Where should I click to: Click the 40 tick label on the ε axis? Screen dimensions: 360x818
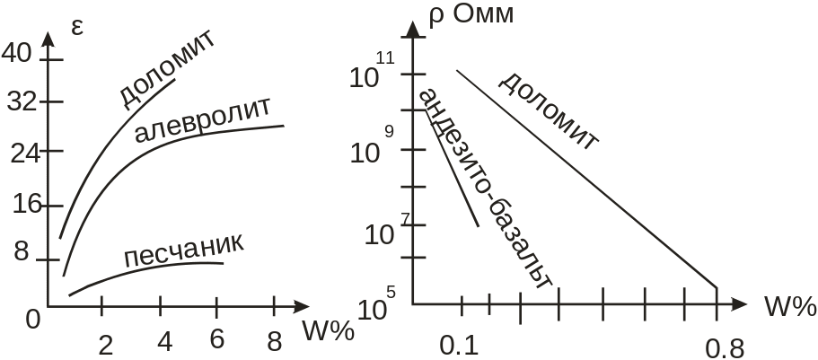(x=17, y=54)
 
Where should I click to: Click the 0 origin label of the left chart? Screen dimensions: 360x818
(x=33, y=318)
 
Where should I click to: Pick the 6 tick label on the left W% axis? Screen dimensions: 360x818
(x=216, y=341)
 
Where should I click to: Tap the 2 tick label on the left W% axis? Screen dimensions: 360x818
(x=106, y=345)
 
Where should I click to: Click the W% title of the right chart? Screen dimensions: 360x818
(x=789, y=307)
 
